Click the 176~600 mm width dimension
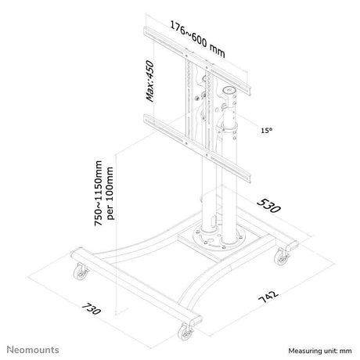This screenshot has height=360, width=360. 197,39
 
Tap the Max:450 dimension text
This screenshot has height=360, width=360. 150,81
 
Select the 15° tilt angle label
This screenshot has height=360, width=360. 267,130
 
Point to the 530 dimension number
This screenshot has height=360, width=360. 268,206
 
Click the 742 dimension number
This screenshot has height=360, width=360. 268,297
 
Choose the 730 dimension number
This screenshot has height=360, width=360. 92,308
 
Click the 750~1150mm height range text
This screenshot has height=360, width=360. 99,193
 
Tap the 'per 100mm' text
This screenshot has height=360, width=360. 110,193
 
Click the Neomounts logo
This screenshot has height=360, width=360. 33,350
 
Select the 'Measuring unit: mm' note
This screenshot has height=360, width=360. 320,351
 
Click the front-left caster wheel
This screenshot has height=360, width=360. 81,272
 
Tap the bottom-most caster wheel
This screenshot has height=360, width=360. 185,332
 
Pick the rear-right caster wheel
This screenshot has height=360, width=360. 282,257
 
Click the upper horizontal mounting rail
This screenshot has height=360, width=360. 197,61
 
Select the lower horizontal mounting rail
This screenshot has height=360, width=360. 197,148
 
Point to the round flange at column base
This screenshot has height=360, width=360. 219,237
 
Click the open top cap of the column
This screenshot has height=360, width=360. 229,91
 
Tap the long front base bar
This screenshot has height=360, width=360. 136,286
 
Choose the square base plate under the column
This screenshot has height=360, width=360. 218,240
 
